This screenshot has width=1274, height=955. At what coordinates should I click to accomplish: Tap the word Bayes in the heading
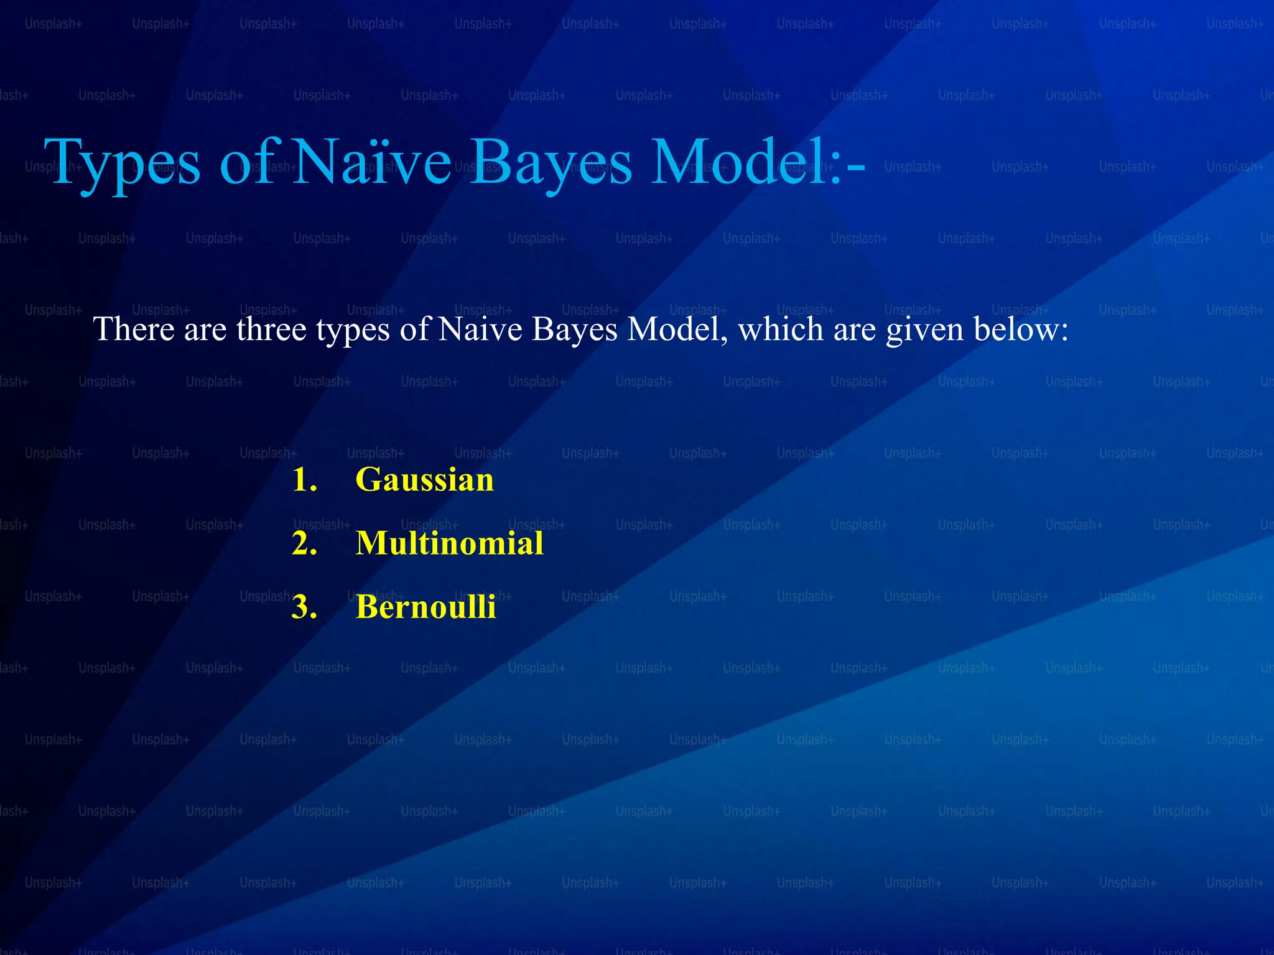551,163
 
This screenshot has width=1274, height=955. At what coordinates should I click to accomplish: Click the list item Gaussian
424,480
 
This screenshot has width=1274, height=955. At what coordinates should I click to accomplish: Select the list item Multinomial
449,543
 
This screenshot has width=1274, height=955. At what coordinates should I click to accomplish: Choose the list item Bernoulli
425,607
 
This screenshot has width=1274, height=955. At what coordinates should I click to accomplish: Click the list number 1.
304,480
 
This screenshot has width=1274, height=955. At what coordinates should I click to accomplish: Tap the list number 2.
304,543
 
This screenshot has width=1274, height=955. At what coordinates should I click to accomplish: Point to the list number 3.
304,607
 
